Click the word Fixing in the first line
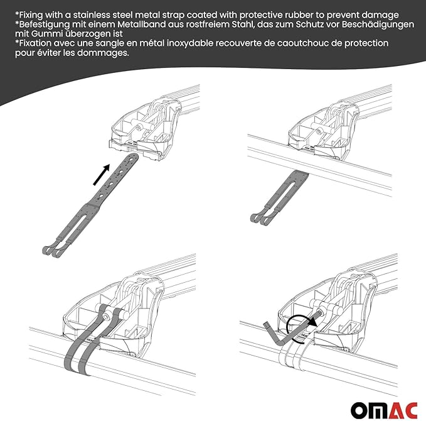click(x=35, y=13)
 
